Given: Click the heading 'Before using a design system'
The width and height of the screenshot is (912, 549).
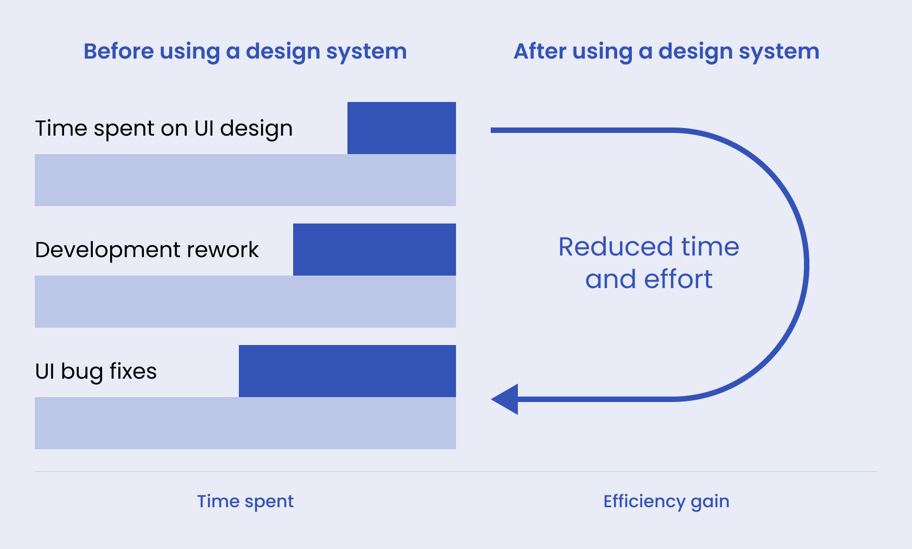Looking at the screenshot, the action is pyautogui.click(x=245, y=52).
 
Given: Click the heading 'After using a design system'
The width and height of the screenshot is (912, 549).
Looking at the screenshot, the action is pyautogui.click(x=666, y=52).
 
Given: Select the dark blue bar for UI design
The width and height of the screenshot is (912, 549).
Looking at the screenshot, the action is pyautogui.click(x=401, y=128).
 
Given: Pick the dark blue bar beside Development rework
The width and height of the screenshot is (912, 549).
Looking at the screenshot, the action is pyautogui.click(x=374, y=250).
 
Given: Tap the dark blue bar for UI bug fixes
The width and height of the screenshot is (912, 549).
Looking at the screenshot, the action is pyautogui.click(x=347, y=371).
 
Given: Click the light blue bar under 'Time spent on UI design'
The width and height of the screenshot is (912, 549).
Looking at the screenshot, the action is pyautogui.click(x=245, y=180).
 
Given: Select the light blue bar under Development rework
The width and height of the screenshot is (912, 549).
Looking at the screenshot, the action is pyautogui.click(x=245, y=302).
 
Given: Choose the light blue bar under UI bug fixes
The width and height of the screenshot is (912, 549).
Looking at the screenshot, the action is pyautogui.click(x=245, y=423).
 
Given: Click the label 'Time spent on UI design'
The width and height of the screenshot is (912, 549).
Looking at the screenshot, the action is pyautogui.click(x=163, y=129).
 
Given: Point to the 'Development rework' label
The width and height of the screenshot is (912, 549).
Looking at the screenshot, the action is pyautogui.click(x=147, y=250).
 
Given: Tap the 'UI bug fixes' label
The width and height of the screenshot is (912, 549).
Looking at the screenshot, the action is pyautogui.click(x=96, y=372).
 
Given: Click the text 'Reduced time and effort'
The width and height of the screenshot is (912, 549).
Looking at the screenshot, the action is pyautogui.click(x=649, y=263).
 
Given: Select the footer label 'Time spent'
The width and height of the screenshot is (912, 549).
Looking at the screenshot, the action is pyautogui.click(x=245, y=501).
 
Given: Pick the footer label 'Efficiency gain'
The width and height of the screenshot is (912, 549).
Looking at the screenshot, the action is pyautogui.click(x=666, y=501).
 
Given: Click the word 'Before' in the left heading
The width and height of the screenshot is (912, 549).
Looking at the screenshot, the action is pyautogui.click(x=119, y=52).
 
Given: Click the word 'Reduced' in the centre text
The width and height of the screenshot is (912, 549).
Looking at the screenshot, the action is pyautogui.click(x=616, y=247).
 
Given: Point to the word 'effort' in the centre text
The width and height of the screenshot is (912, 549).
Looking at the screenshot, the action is pyautogui.click(x=678, y=279).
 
